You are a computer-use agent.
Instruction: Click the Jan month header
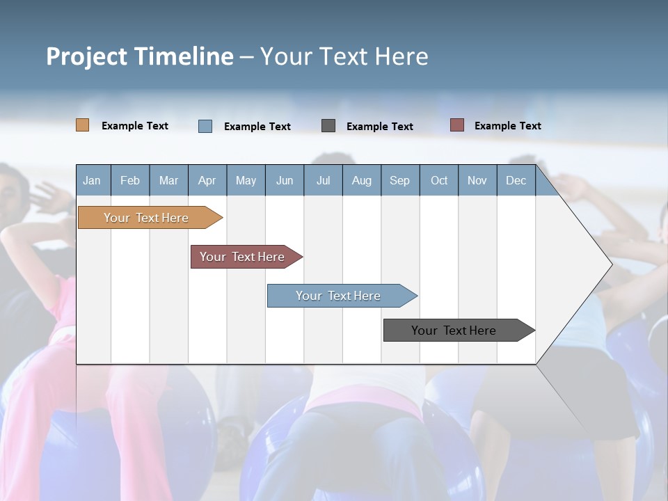click(x=92, y=180)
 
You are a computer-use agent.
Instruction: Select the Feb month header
click(x=130, y=180)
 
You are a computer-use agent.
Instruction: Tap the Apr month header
click(x=207, y=180)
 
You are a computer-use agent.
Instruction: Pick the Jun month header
click(x=285, y=180)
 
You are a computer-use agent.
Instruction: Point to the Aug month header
click(x=361, y=180)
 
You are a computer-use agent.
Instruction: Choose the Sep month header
click(x=399, y=180)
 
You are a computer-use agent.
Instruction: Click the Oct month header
click(x=439, y=180)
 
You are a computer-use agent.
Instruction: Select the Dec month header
click(x=516, y=180)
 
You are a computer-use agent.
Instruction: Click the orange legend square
click(x=83, y=125)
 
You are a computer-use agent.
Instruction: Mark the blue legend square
click(x=205, y=126)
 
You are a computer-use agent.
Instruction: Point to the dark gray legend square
click(x=328, y=125)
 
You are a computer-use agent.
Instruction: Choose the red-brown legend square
click(x=457, y=125)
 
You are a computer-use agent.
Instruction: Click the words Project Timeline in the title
click(x=140, y=56)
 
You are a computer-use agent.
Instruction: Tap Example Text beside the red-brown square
click(x=507, y=126)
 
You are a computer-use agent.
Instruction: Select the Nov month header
click(x=477, y=180)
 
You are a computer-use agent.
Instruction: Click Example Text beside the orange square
click(x=135, y=126)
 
